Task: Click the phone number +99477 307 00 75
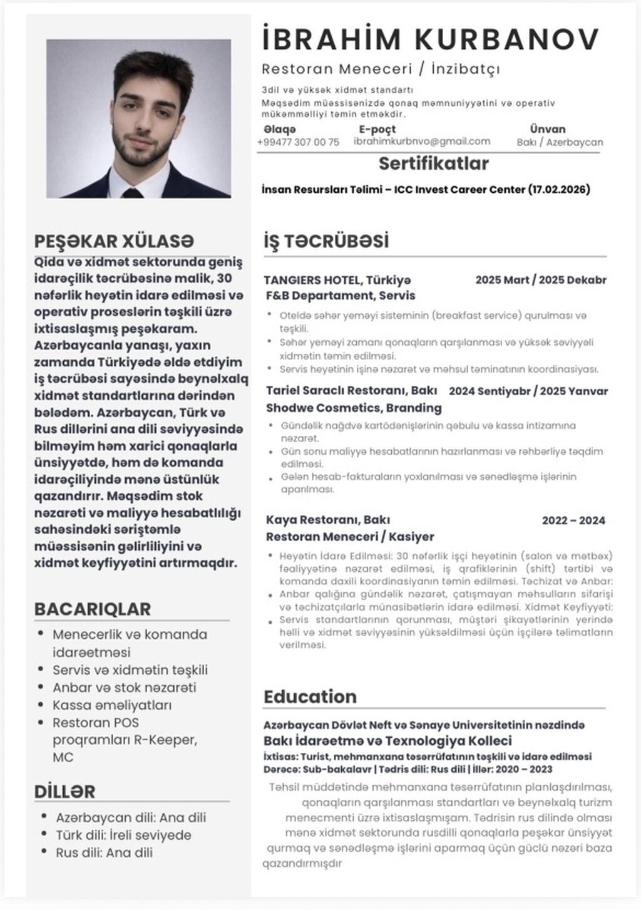pyautogui.click(x=298, y=142)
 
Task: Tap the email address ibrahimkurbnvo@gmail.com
pyautogui.click(x=421, y=142)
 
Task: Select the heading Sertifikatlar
pyautogui.click(x=433, y=164)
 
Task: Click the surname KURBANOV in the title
pyautogui.click(x=508, y=39)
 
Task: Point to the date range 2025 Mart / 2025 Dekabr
pyautogui.click(x=540, y=280)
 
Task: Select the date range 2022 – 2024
pyautogui.click(x=573, y=520)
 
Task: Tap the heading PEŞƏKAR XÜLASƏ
pyautogui.click(x=114, y=241)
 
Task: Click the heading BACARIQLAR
pyautogui.click(x=92, y=609)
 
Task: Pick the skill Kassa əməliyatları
pyautogui.click(x=112, y=705)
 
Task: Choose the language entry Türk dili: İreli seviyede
pyautogui.click(x=123, y=835)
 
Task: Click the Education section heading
pyautogui.click(x=310, y=696)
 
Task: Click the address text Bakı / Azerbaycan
pyautogui.click(x=560, y=142)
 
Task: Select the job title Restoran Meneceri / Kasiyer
pyautogui.click(x=349, y=537)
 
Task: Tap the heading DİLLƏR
pyautogui.click(x=64, y=791)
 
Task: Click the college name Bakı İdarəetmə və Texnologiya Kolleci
pyautogui.click(x=387, y=741)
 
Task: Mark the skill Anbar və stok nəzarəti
pyautogui.click(x=124, y=688)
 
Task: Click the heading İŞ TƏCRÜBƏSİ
pyautogui.click(x=326, y=241)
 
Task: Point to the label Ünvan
pyautogui.click(x=547, y=129)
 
